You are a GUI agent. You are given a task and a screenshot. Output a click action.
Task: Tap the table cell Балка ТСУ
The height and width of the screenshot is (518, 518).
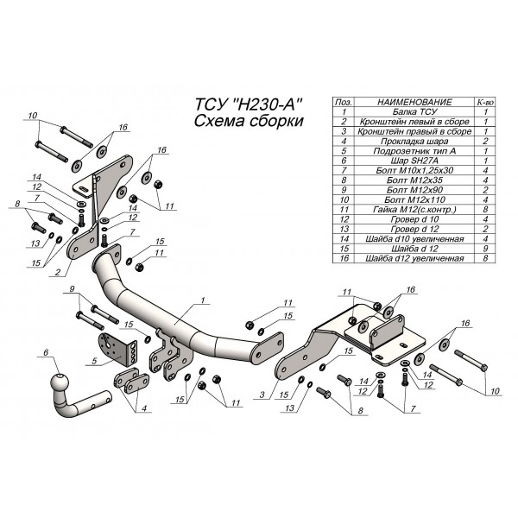(412, 112)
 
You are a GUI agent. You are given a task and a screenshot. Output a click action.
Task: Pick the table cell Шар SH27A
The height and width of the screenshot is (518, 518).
(412, 161)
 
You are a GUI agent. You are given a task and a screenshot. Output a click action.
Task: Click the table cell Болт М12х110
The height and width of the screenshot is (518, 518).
(412, 199)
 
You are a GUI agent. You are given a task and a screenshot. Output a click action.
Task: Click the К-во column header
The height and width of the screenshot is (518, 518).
(486, 102)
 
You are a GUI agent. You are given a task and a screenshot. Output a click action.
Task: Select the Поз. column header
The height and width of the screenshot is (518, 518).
(344, 102)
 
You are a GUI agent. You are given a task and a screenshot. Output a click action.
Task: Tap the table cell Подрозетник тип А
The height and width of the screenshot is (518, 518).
(412, 150)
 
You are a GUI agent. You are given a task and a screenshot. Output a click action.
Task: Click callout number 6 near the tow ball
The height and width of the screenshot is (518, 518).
(45, 351)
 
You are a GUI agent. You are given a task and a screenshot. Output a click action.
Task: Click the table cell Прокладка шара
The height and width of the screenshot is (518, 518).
(412, 141)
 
